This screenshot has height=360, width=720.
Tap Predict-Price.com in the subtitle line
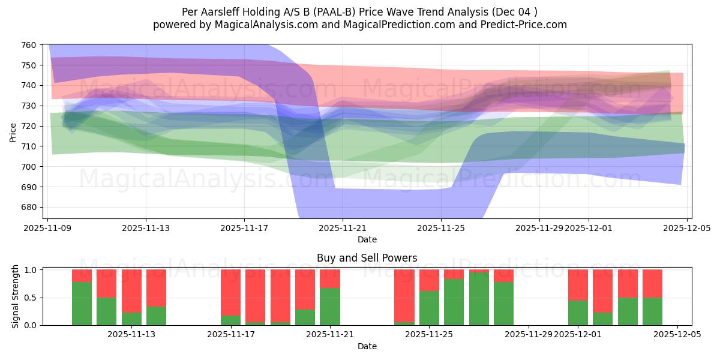tap(529, 25)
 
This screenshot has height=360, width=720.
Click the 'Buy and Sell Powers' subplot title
tap(367, 258)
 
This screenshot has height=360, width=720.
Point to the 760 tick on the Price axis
tap(29, 45)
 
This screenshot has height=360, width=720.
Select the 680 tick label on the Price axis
tap(29, 208)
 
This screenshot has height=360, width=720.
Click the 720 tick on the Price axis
tap(29, 126)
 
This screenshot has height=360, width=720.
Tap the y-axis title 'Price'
tap(13, 131)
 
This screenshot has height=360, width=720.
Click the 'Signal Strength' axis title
tap(16, 296)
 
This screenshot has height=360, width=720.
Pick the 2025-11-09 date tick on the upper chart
tap(47, 228)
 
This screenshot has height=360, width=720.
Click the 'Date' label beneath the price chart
tap(367, 239)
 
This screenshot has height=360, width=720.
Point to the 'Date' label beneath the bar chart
tap(367, 346)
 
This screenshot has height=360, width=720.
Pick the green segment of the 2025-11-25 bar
tap(429, 308)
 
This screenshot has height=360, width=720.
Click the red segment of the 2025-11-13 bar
tap(156, 288)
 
